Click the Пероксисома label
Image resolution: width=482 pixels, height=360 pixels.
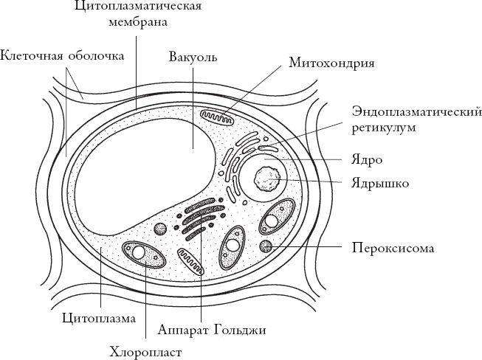[393, 248]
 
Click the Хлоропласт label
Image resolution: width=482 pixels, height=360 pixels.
[144, 350]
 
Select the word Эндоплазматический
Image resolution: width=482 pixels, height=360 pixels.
[417, 112]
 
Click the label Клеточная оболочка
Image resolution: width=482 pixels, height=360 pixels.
[62, 55]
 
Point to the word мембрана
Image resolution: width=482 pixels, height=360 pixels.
[136, 22]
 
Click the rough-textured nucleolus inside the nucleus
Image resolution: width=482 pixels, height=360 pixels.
[266, 180]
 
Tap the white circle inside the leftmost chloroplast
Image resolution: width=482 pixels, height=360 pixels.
[139, 252]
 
